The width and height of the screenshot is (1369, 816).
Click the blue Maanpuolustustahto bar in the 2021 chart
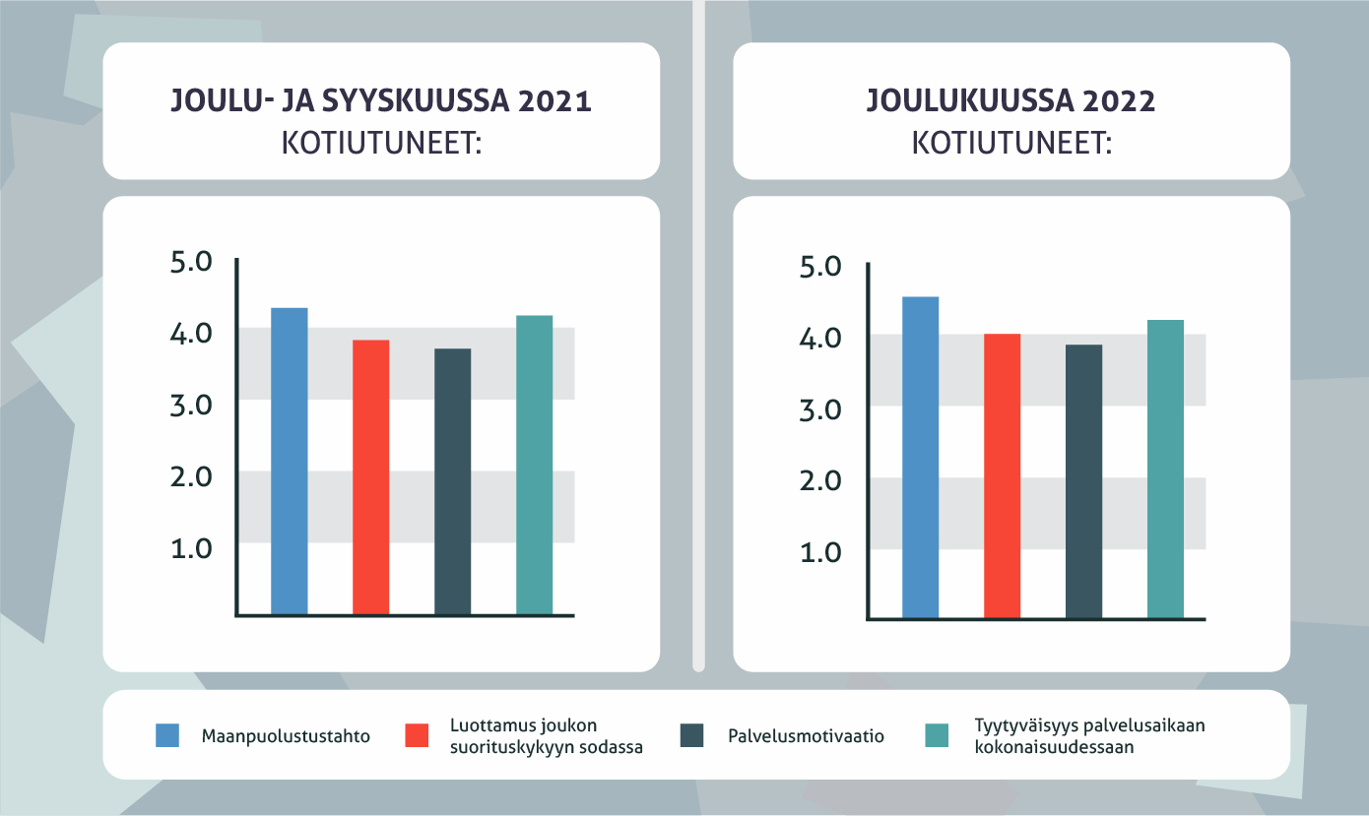(290, 462)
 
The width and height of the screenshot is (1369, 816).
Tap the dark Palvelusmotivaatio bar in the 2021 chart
(453, 482)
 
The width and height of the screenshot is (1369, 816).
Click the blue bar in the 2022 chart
(921, 458)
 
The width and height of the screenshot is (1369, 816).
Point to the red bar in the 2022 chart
(1003, 476)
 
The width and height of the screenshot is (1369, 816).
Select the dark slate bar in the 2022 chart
(1084, 481)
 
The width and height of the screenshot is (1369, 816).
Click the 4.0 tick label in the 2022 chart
(820, 339)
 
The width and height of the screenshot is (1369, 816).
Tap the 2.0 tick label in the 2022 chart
(820, 481)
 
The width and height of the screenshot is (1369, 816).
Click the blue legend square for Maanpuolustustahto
(168, 735)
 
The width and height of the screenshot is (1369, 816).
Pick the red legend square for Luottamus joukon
(418, 735)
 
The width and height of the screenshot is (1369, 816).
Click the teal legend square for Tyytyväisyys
(938, 735)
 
